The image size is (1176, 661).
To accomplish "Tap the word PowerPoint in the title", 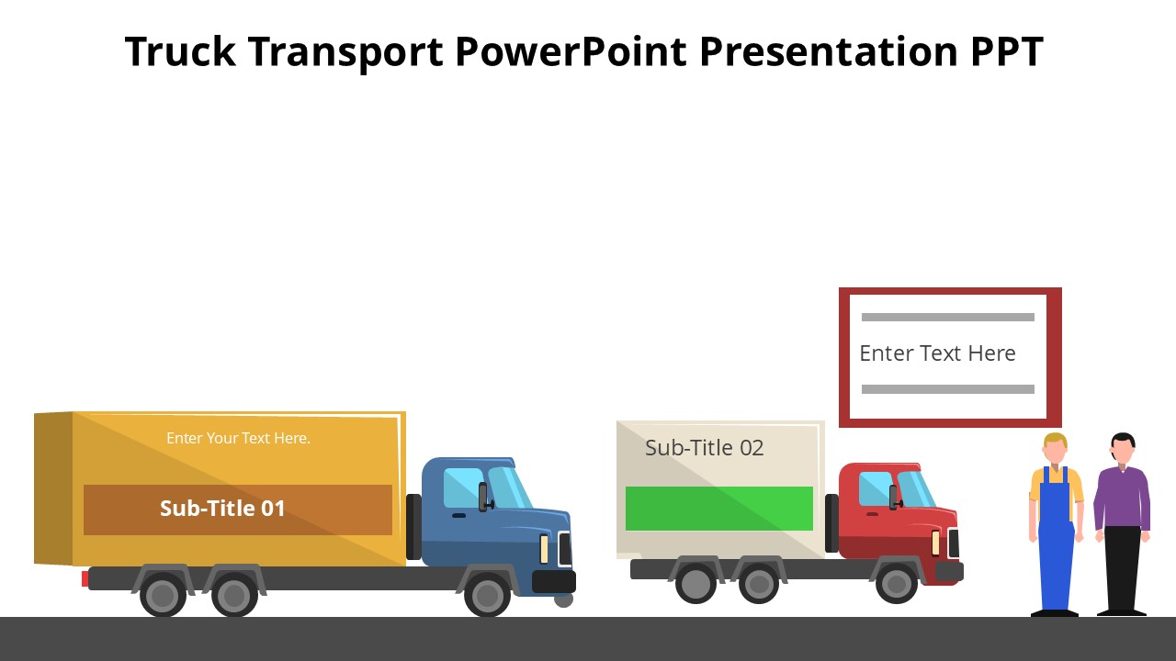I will pyautogui.click(x=571, y=51).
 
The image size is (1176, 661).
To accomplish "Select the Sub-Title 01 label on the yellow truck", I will pyautogui.click(x=223, y=509).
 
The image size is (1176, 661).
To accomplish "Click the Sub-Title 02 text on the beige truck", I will pyautogui.click(x=704, y=448).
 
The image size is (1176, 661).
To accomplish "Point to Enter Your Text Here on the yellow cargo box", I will pyautogui.click(x=238, y=439).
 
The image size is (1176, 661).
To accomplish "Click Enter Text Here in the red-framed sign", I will pyautogui.click(x=937, y=353).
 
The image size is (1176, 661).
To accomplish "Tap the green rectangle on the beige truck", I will pyautogui.click(x=718, y=509).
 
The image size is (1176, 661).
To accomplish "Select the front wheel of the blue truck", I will pyautogui.click(x=487, y=595).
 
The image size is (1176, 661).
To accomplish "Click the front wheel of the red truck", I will pyautogui.click(x=896, y=584).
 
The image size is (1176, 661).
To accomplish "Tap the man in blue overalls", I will pyautogui.click(x=1055, y=532).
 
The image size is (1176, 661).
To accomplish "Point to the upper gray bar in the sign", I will pyautogui.click(x=947, y=318).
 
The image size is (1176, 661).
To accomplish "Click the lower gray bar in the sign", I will pyautogui.click(x=947, y=389).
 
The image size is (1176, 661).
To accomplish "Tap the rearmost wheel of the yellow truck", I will pyautogui.click(x=163, y=596).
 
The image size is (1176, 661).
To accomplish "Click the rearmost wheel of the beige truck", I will pyautogui.click(x=695, y=584).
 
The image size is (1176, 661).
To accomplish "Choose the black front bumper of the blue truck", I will pyautogui.click(x=554, y=581).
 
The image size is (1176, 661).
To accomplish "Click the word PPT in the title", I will pyautogui.click(x=1007, y=51).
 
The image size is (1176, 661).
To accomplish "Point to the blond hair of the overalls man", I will pyautogui.click(x=1055, y=438).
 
